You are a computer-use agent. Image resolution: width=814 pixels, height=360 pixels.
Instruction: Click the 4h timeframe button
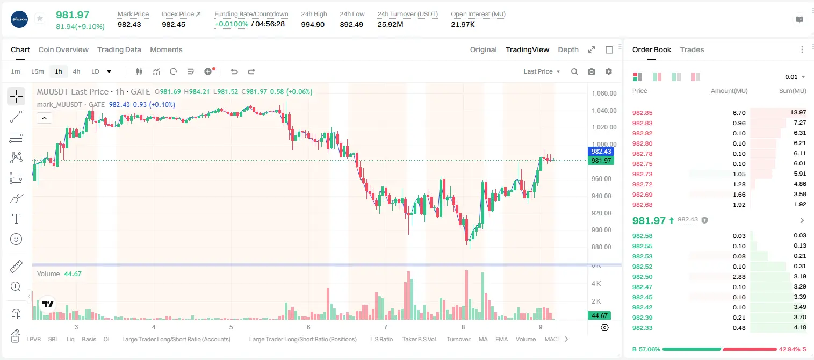(x=76, y=71)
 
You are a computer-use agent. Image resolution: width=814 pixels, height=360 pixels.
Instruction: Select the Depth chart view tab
(x=568, y=50)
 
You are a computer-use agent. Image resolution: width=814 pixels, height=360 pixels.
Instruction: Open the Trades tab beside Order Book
(x=692, y=50)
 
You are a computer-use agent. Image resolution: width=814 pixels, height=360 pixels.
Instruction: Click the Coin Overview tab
(x=63, y=50)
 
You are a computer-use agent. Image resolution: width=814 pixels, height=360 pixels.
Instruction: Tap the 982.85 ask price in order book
(x=642, y=113)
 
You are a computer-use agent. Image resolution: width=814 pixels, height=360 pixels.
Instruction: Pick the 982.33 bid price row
(x=642, y=328)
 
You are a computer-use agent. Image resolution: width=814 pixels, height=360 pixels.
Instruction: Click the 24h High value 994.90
(x=313, y=24)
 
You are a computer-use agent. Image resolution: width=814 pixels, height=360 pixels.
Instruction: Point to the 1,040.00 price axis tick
(x=604, y=111)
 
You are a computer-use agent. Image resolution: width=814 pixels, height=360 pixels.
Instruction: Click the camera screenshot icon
(x=592, y=71)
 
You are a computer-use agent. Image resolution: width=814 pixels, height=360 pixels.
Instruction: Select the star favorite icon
(x=40, y=18)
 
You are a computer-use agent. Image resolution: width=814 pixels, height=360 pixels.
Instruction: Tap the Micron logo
(x=19, y=20)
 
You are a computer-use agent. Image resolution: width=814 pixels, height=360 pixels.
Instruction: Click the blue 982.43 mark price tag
(x=601, y=152)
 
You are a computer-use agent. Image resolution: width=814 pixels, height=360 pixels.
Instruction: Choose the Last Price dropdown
(x=542, y=71)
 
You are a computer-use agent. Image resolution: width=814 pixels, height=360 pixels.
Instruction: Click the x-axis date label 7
(x=386, y=327)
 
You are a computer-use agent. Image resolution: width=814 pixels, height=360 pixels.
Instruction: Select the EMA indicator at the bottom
(x=501, y=339)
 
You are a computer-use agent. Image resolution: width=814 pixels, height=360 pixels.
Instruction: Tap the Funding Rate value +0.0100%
(x=232, y=24)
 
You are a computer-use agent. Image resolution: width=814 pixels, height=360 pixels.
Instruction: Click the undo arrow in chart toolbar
(x=234, y=71)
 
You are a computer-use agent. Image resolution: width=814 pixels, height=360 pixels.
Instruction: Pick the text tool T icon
(x=16, y=219)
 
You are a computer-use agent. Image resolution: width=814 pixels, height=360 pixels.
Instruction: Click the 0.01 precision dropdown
(x=795, y=77)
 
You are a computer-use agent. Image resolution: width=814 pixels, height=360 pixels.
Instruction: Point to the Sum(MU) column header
(x=793, y=91)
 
